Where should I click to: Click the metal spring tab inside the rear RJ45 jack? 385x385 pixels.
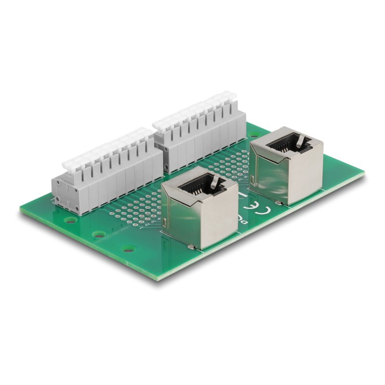click(298, 140)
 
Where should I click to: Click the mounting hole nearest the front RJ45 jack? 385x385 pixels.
click(128, 249)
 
